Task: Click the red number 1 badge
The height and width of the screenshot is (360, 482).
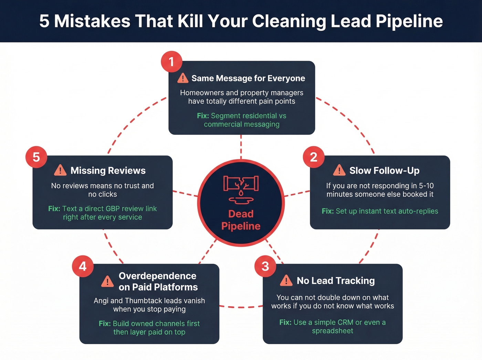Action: (x=171, y=62)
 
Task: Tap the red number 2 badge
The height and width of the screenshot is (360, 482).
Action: (x=313, y=157)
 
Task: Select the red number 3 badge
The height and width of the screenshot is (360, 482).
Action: (x=265, y=266)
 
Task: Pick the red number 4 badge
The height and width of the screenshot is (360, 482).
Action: (x=83, y=266)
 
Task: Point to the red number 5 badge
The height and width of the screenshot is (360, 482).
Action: (x=36, y=157)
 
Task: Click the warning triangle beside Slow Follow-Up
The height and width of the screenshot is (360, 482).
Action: (x=339, y=170)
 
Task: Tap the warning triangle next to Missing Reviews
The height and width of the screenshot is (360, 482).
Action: (x=60, y=170)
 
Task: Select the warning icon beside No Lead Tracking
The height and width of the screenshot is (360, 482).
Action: (x=286, y=281)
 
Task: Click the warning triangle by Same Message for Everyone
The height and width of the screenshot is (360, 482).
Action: (x=183, y=78)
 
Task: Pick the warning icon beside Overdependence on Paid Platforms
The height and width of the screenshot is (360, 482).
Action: (x=107, y=281)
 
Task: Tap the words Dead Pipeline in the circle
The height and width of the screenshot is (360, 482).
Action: (x=241, y=220)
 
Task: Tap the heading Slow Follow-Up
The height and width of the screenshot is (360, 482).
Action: (x=384, y=171)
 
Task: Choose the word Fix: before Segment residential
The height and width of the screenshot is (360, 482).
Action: (x=203, y=116)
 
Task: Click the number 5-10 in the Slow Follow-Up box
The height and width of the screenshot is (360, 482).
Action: (x=426, y=186)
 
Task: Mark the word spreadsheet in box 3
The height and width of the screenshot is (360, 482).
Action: (x=333, y=331)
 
